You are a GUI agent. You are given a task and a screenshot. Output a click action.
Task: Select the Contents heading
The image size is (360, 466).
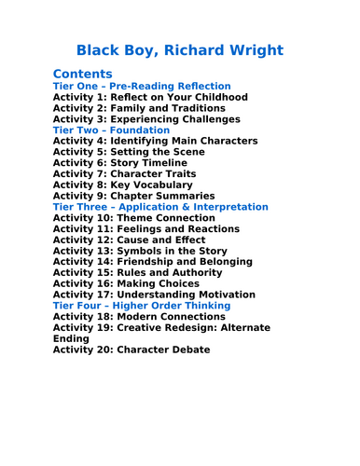click(x=83, y=74)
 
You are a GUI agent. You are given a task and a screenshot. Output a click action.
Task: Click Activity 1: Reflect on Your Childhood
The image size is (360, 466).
click(x=150, y=97)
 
